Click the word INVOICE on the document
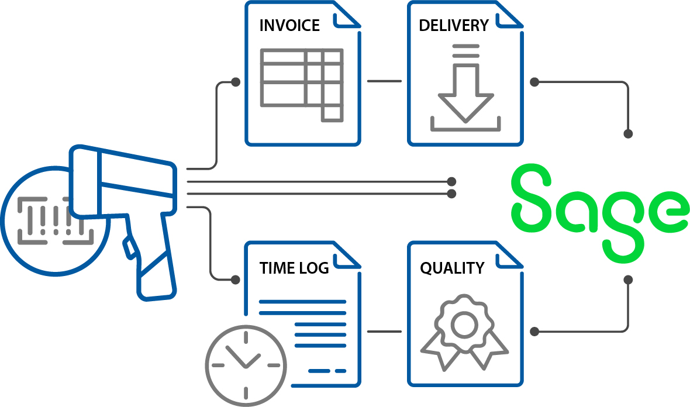(x=289, y=26)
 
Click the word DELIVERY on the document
(x=453, y=26)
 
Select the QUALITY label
(x=452, y=268)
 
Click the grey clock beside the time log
(x=246, y=365)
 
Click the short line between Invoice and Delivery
(x=384, y=81)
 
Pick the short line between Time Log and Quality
(x=384, y=332)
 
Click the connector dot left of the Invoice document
(x=236, y=82)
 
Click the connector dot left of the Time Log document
(x=236, y=280)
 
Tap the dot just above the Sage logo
(x=628, y=134)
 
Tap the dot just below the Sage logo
(x=628, y=280)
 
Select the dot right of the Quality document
(x=534, y=332)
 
